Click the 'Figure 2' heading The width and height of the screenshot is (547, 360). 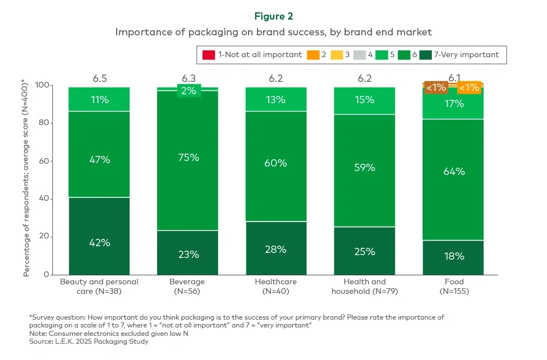coord(273,16)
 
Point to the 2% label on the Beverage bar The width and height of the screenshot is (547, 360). coord(188,90)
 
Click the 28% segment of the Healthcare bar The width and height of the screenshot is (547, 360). coord(276,248)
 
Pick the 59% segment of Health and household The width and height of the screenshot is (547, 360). coord(364,167)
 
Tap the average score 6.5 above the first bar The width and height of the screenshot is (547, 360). coord(100,78)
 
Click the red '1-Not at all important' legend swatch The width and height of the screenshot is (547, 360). coord(208,55)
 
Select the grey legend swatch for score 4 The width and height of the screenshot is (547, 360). coord(360,55)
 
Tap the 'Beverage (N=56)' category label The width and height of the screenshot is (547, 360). coord(188,287)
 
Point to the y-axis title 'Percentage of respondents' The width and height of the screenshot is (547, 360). coord(26,179)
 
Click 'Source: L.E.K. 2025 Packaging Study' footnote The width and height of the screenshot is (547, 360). coord(89,341)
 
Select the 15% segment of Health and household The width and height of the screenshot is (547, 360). coord(364,100)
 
